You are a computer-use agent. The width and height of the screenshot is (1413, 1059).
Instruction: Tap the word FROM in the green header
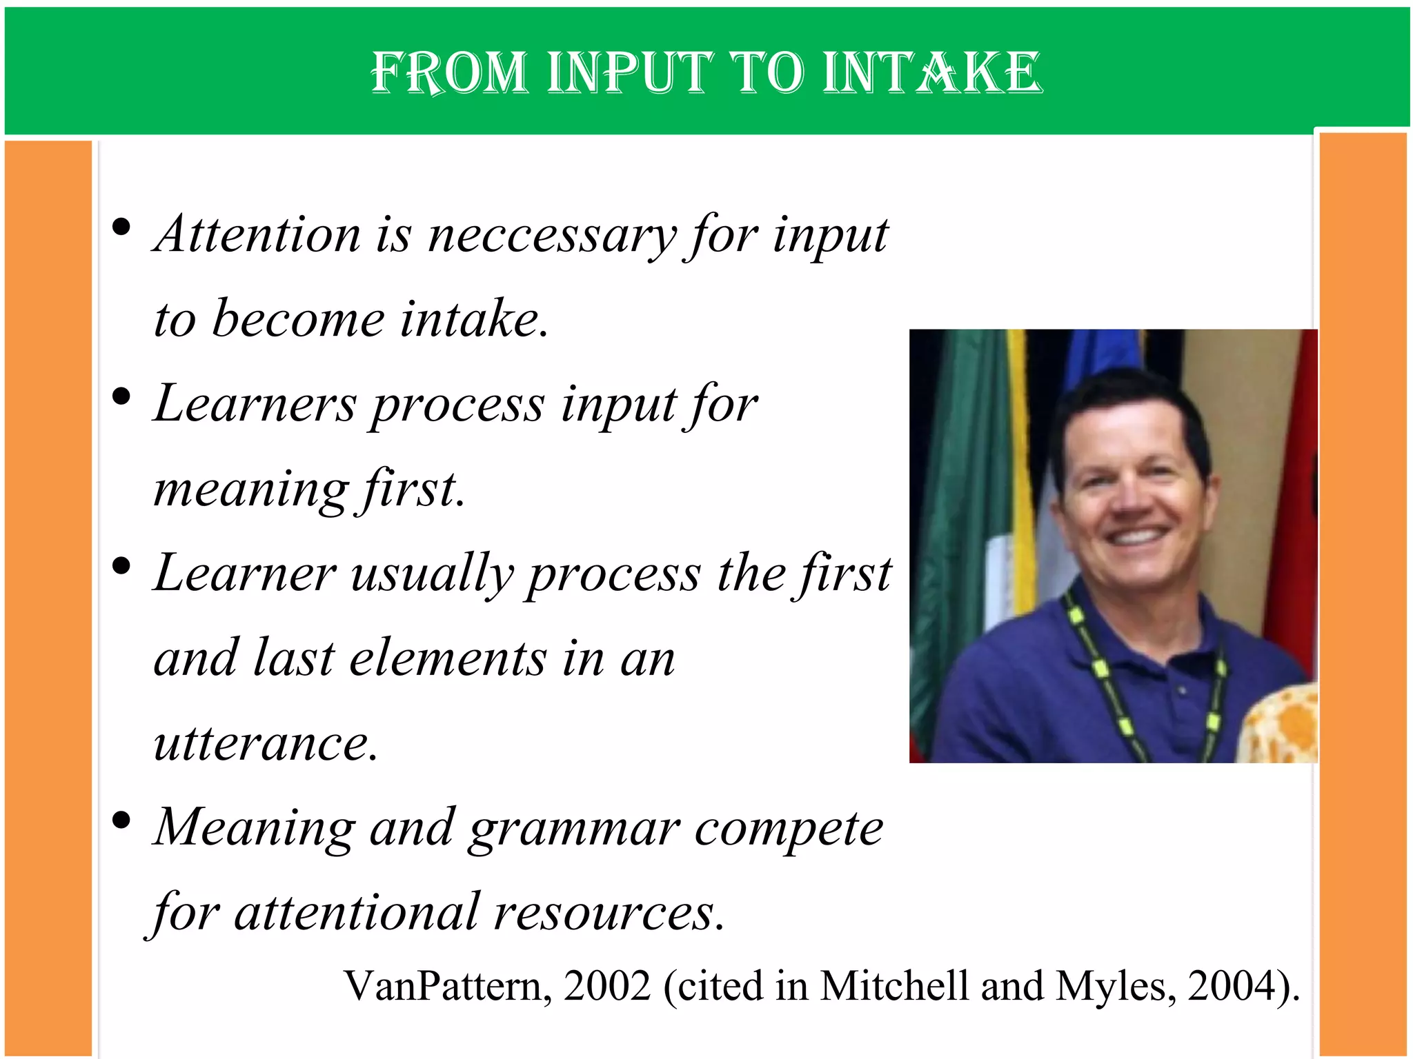click(x=448, y=72)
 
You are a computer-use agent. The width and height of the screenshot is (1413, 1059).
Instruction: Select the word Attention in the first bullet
click(x=258, y=234)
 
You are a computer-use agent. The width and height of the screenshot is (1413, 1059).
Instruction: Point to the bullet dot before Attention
click(x=121, y=227)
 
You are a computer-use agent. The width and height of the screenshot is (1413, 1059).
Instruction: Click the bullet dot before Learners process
click(x=121, y=396)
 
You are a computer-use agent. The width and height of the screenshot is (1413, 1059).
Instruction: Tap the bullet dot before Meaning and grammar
click(x=121, y=820)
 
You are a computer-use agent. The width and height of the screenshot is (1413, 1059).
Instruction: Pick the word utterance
click(x=266, y=743)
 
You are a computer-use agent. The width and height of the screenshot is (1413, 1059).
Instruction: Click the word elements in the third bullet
click(x=448, y=659)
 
